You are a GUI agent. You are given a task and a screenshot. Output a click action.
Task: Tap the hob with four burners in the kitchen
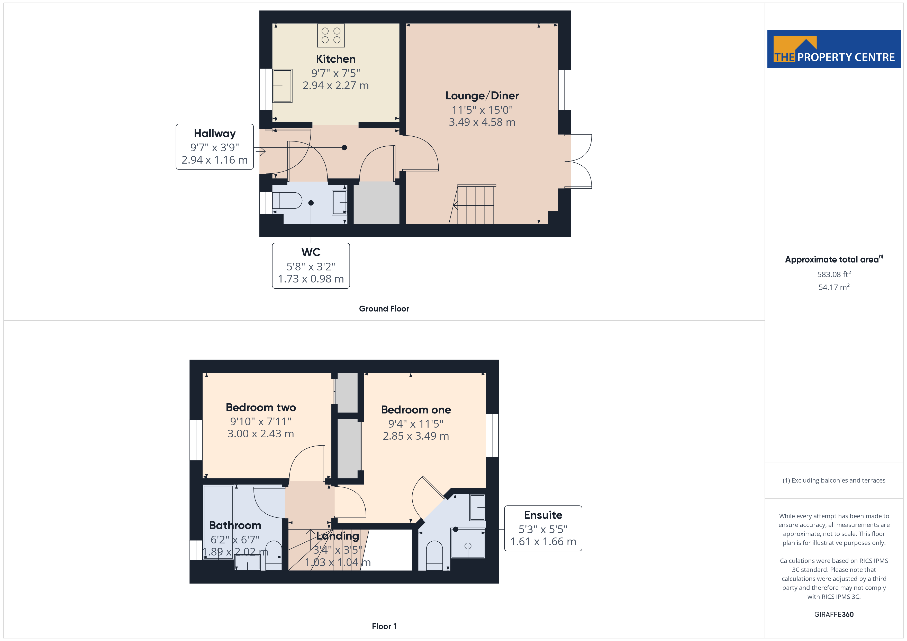331,35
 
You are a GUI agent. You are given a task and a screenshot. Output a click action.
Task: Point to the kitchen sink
282,86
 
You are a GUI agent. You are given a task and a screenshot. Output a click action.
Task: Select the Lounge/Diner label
482,96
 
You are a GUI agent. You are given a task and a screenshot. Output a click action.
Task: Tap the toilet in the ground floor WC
287,201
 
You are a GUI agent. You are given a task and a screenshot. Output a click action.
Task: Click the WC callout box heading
311,252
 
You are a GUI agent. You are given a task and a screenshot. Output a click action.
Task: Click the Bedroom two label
261,407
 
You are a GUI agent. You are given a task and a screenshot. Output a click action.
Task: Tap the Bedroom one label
416,410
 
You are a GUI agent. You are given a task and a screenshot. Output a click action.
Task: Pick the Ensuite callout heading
543,515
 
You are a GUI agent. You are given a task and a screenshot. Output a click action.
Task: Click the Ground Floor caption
384,309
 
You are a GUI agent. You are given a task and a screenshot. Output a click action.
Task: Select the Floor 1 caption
384,626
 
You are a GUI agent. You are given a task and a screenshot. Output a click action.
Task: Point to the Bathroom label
235,525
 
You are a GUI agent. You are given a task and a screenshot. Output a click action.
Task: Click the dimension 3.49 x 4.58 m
482,122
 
